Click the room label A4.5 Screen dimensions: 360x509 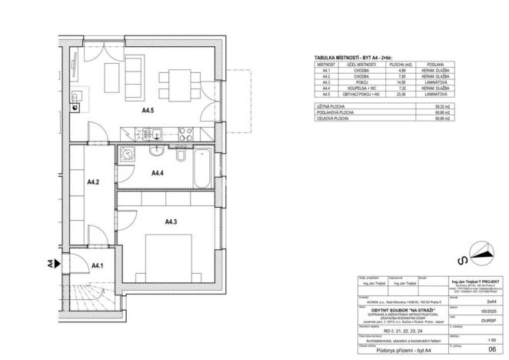point(148,111)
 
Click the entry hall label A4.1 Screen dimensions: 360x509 point(98,265)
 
